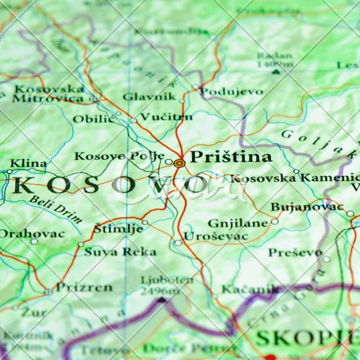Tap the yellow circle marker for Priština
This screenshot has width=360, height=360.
(x=179, y=162)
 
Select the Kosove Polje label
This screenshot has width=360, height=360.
(x=119, y=157)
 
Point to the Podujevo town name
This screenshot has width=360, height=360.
(x=231, y=92)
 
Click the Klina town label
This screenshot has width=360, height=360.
(x=28, y=163)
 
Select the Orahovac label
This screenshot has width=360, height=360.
(x=32, y=233)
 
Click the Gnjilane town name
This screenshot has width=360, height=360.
(x=238, y=223)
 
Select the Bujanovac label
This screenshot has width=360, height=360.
(x=307, y=207)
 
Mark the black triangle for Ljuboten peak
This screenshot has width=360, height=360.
(x=161, y=300)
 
